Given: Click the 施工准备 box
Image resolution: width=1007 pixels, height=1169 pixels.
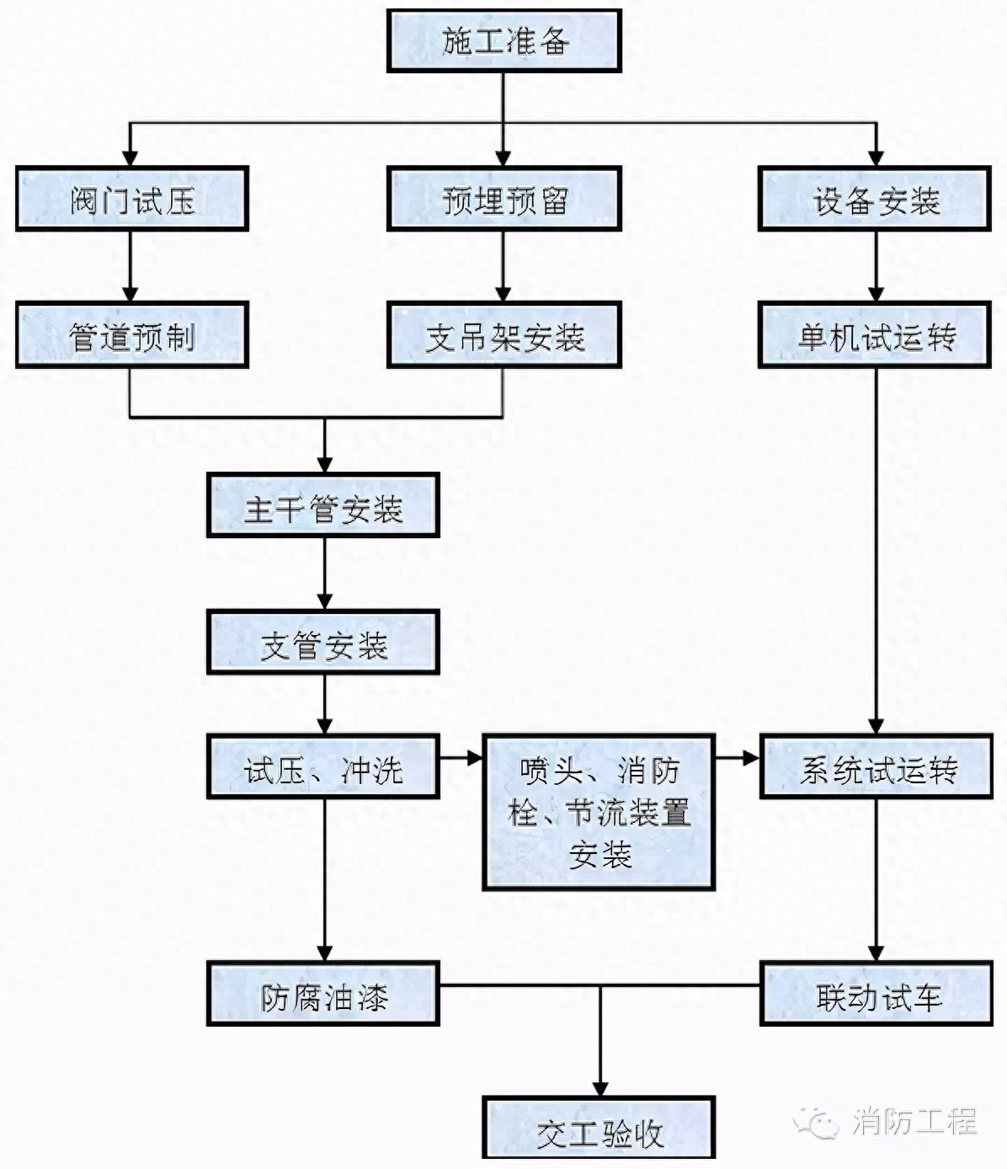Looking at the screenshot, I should pos(504,40).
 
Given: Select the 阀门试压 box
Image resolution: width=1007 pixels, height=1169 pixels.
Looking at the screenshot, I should pos(131,200).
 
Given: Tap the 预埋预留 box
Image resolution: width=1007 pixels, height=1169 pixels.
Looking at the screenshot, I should pos(504,200).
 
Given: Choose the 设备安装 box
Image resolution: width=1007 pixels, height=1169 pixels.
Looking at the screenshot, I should pos(875,200).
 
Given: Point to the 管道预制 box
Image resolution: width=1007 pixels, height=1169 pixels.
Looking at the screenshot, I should pos(131,336).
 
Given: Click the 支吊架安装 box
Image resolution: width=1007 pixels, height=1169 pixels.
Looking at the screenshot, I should pos(504,336).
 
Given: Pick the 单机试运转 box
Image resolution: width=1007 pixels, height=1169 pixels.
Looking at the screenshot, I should pos(875,336).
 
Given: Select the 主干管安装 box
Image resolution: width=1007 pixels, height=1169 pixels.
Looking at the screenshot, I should pos(323,507).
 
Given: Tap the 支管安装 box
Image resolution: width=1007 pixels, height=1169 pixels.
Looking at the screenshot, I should pos(323,644).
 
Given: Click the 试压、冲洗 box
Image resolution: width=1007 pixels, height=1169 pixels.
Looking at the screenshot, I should pos(323,768).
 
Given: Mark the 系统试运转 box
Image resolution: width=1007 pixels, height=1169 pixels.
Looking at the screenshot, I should pos(876,768).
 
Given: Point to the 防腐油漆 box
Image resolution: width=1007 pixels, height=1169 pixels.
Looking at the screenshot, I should pos(323,996).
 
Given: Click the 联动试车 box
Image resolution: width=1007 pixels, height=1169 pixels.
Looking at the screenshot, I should pos(876,996).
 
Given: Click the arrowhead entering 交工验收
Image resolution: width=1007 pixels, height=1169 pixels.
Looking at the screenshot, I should pos(599,1087).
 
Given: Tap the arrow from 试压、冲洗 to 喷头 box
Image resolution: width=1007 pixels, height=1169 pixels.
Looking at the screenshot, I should pos(461,758).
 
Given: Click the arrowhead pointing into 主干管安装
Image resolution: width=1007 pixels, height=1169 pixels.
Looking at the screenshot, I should pos(324,464).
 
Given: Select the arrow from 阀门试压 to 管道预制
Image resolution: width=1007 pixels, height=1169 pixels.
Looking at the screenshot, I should pos(130,266).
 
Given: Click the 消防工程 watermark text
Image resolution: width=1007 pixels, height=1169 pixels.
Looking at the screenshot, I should pos(914,1121).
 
